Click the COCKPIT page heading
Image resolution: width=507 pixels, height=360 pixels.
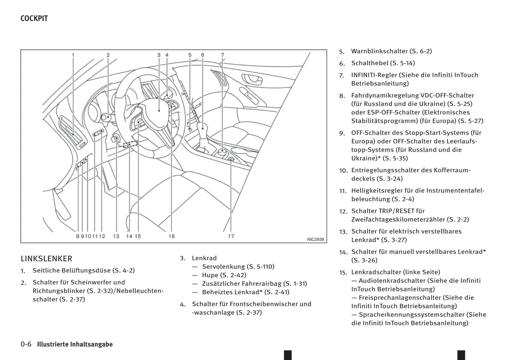point(34,19)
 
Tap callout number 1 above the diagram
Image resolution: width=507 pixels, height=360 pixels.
point(73,55)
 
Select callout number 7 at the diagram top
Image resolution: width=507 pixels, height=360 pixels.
point(222,55)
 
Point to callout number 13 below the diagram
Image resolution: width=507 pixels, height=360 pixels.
point(116,236)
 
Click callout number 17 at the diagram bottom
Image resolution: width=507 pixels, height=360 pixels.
point(231,236)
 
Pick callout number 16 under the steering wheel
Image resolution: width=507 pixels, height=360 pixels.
point(172,236)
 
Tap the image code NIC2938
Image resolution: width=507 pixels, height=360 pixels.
point(315,240)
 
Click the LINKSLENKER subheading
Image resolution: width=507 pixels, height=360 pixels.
point(46,259)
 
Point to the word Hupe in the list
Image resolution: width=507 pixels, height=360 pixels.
point(210,275)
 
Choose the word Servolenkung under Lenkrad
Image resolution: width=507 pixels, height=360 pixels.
point(224,267)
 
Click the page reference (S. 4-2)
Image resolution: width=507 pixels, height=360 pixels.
point(123,271)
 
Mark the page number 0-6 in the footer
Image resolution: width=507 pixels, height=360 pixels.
point(26,344)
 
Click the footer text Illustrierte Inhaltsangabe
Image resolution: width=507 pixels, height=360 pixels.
point(75,344)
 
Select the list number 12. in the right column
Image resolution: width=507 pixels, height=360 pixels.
point(343,212)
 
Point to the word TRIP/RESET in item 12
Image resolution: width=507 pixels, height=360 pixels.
point(397,211)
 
